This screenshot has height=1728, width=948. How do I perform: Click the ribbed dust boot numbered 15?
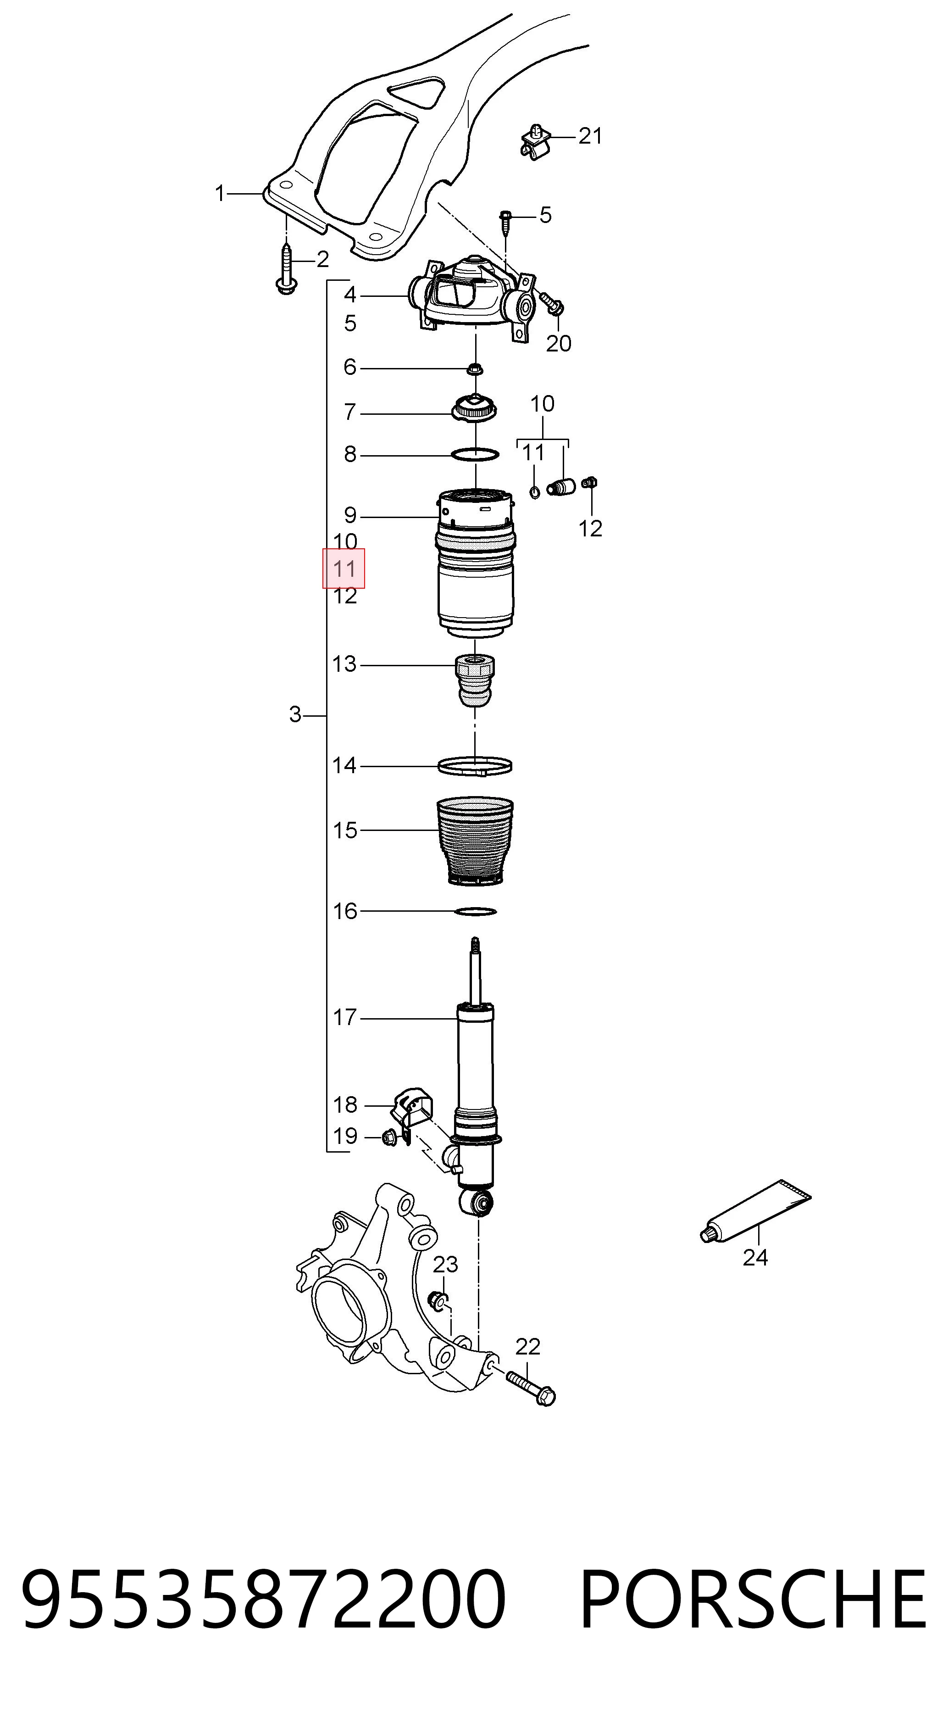coord(475,841)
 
